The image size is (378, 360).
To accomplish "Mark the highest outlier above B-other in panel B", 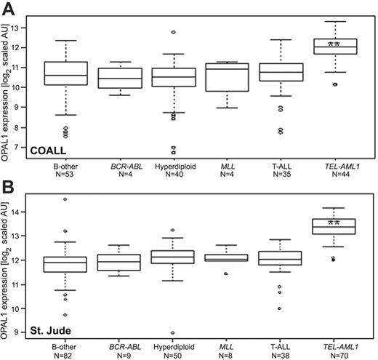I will tap(66, 199).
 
